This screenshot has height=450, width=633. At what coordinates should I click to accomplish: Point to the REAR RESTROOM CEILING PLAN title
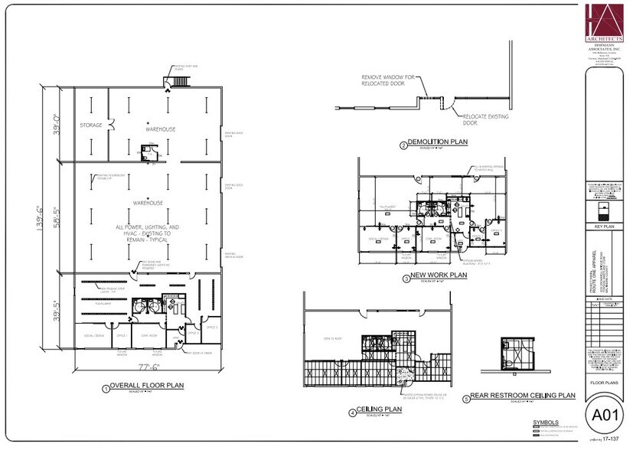[525, 396]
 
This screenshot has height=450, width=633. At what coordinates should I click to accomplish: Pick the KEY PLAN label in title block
[605, 227]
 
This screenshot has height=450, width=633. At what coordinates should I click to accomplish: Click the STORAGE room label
[91, 125]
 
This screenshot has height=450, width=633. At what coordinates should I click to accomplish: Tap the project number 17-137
[611, 440]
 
